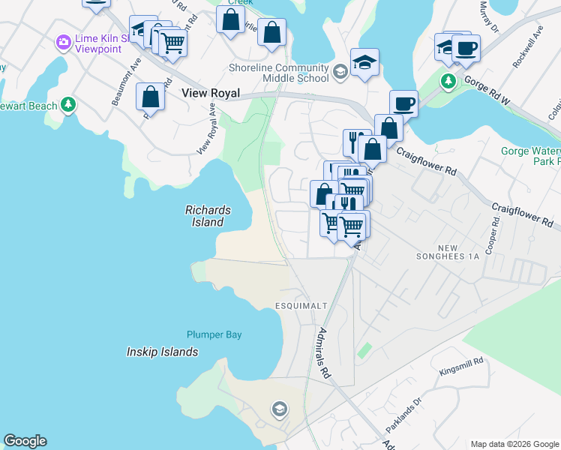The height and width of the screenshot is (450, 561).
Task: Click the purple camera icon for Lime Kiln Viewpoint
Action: (x=63, y=40)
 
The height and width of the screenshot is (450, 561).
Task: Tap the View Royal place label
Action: (x=211, y=94)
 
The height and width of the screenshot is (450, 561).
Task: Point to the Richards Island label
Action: (x=208, y=216)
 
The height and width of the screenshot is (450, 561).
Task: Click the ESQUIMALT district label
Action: (x=298, y=306)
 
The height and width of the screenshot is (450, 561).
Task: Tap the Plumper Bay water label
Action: (x=214, y=334)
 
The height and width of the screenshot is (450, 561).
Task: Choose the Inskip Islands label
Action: (x=162, y=352)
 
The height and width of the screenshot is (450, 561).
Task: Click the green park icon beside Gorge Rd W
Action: (x=448, y=80)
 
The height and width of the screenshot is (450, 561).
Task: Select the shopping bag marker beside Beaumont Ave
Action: (x=150, y=97)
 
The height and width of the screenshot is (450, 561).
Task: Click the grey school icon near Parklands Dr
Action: (x=279, y=409)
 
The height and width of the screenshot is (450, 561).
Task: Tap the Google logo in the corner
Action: (x=25, y=441)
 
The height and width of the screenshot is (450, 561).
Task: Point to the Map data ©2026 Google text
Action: (x=514, y=444)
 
